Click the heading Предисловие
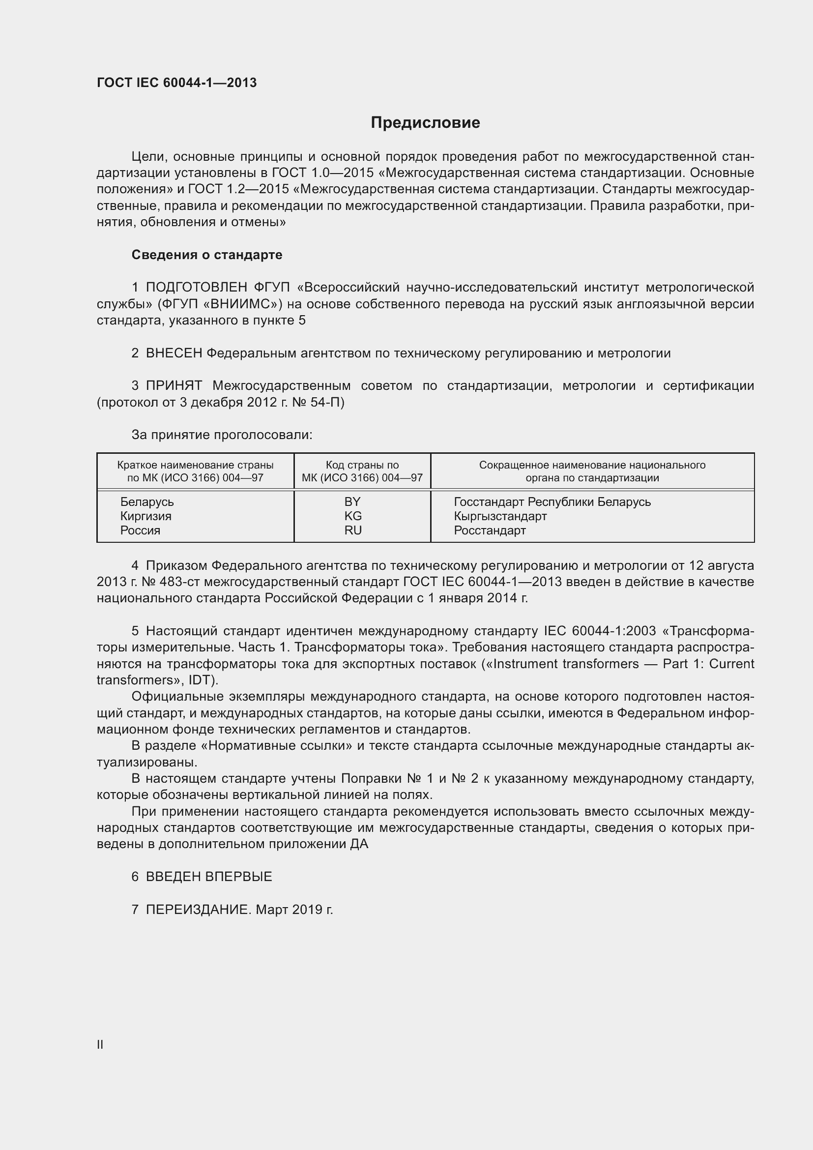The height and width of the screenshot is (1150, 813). point(425,123)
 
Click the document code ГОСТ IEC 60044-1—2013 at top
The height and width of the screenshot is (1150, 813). point(176,83)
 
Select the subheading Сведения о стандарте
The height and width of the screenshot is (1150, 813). point(206,255)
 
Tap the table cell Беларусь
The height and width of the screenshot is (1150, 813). point(146,502)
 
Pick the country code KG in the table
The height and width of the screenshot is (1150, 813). point(352,516)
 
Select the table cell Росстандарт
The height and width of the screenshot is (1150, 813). point(489,531)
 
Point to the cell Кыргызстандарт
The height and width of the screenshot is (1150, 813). point(499,516)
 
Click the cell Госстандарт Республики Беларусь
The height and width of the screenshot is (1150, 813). point(552,502)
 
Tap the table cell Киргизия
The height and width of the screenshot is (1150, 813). point(145,516)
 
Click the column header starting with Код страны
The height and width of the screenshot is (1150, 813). point(362,472)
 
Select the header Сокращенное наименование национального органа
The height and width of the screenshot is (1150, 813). point(592,472)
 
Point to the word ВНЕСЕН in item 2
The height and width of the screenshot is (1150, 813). point(174,354)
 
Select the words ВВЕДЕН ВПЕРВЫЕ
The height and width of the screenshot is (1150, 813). point(209,877)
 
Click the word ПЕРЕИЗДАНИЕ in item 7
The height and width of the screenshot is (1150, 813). point(197,910)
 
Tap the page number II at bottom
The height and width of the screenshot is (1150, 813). point(100,1044)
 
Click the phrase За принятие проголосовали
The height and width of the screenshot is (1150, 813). point(221,435)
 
